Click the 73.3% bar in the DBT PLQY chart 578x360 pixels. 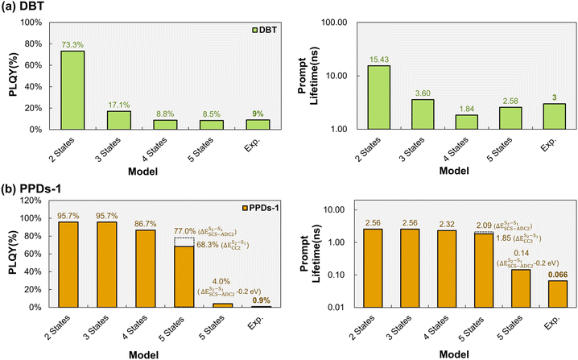[x=72, y=90]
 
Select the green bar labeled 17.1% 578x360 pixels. [x=118, y=120]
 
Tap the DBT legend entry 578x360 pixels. [x=264, y=30]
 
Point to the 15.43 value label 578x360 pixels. [x=379, y=60]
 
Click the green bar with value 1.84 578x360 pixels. [x=466, y=122]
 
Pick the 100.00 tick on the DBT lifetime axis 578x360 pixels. [x=334, y=23]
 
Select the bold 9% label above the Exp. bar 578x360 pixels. [x=258, y=114]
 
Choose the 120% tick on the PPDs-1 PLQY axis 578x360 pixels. [x=32, y=201]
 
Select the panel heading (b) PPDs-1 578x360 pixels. [x=31, y=189]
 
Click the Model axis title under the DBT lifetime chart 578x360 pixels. [x=454, y=172]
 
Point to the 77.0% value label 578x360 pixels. [x=184, y=231]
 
